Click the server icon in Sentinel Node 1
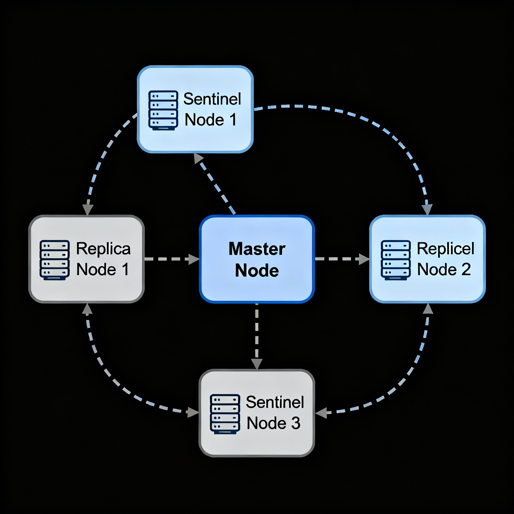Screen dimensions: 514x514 [163, 110]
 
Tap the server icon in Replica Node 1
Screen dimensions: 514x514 [54, 260]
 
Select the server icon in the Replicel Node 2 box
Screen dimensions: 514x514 [396, 260]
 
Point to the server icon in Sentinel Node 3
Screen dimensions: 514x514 [225, 414]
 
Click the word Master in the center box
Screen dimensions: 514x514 [257, 249]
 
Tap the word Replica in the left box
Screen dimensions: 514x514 [103, 249]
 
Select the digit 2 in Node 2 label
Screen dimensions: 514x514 [466, 269]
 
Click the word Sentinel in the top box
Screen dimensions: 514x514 [212, 99]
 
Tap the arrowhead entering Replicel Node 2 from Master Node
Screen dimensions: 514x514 [364, 259]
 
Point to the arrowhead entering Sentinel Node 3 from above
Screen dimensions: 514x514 [257, 364]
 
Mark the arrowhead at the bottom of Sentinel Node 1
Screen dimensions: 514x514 [198, 158]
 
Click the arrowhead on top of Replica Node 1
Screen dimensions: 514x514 [88, 209]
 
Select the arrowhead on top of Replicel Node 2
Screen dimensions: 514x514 [427, 209]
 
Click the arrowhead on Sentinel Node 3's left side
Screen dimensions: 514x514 [193, 412]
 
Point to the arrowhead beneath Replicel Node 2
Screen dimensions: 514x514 [428, 309]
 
